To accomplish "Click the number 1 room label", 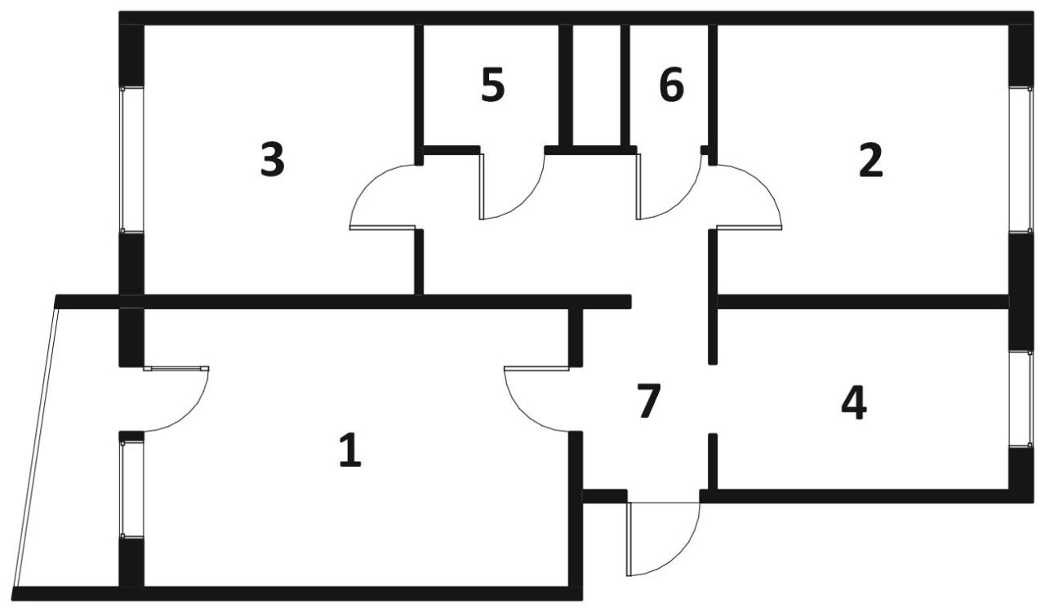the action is tap(350, 450).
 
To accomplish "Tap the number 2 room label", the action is tap(871, 161).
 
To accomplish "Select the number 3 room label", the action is tap(273, 160).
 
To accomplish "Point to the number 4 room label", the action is tap(854, 403).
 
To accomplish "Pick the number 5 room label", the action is tap(493, 85).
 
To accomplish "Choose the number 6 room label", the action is tap(672, 84).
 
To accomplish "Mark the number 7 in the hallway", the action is tap(649, 401).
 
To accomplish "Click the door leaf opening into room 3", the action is tap(383, 228).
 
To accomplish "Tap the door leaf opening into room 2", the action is tap(749, 228).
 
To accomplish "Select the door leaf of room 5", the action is tap(482, 187).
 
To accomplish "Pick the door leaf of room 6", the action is tap(638, 187).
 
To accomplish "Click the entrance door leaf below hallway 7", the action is tap(629, 539).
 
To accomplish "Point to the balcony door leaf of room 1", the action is tap(176, 369).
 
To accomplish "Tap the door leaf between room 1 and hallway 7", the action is tap(536, 369).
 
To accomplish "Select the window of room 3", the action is tap(131, 160).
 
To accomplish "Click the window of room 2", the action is tap(1021, 160).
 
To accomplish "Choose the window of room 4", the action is tap(1021, 399).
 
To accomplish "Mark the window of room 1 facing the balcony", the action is tap(131, 490).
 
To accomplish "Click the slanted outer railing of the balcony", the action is tap(37, 447).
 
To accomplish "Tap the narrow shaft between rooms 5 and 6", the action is tap(597, 85).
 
